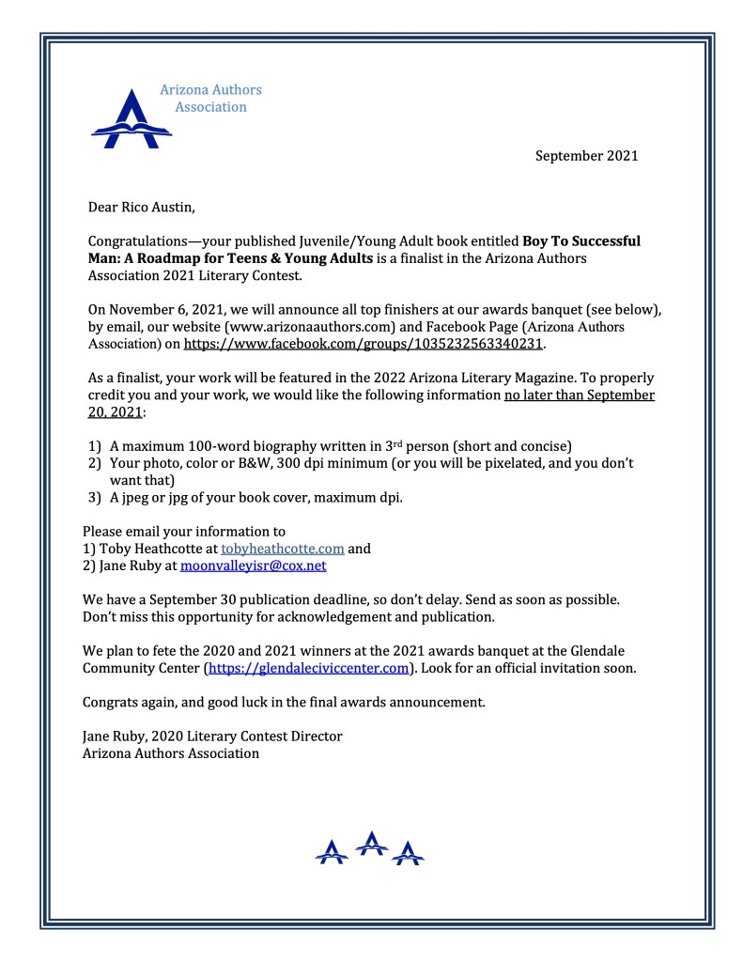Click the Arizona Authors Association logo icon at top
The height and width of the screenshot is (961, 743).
pos(131,119)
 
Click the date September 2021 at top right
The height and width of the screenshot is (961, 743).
pos(586,156)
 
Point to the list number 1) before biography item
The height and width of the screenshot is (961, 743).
pos(95,446)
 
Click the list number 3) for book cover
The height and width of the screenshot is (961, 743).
pos(95,498)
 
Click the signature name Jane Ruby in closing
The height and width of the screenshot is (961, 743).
pos(116,736)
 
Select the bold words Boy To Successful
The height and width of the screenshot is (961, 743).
pos(581,241)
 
